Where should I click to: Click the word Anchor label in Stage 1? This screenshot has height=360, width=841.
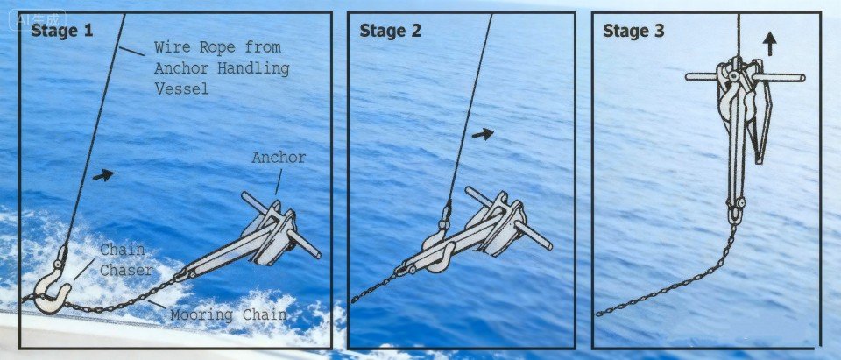279,159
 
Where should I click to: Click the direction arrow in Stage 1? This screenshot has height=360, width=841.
102,175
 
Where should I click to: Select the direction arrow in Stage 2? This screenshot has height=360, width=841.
482,134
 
